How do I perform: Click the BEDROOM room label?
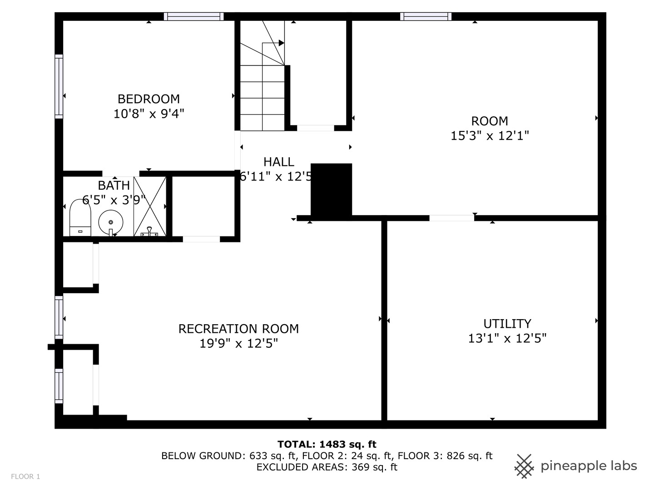coord(149,99)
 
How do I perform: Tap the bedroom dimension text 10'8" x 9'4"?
coord(149,113)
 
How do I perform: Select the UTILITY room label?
coord(507,323)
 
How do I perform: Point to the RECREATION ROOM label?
coord(238,329)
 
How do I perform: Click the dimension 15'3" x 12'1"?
coord(490,135)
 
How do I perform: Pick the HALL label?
coord(278,162)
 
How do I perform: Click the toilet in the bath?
coord(80,219)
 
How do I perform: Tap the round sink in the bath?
coord(111,222)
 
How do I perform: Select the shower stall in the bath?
coord(149,207)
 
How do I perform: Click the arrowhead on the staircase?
coord(281,43)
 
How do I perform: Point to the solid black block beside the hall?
coord(331,189)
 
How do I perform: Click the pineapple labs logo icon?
coord(524,466)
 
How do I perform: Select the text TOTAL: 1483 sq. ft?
coord(327,444)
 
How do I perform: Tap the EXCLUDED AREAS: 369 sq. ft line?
coord(327,467)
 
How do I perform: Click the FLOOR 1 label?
coord(25,476)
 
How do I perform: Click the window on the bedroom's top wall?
coord(193,16)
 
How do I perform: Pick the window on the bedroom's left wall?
coord(59,86)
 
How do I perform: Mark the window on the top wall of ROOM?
coord(426,16)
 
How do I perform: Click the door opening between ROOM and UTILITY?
coord(451,218)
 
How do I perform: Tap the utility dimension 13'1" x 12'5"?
coord(507,338)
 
